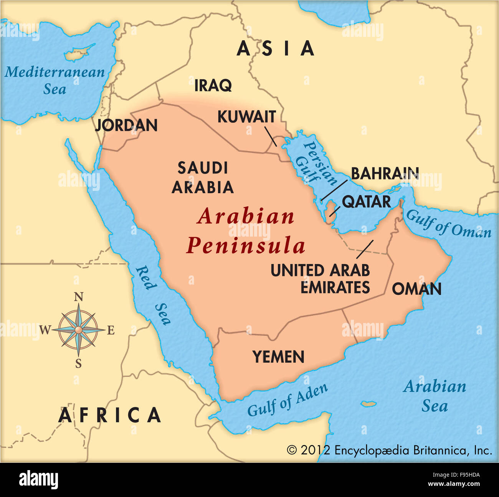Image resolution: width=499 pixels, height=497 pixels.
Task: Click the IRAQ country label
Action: (213, 85)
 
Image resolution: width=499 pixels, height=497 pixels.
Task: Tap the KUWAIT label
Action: (246, 117)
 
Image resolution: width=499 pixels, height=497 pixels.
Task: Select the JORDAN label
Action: (126, 125)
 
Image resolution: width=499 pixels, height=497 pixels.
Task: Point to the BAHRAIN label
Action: (385, 174)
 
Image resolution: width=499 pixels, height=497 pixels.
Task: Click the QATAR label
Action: (366, 202)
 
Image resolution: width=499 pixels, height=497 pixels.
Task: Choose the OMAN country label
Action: (416, 289)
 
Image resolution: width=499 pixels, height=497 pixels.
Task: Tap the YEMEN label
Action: (278, 357)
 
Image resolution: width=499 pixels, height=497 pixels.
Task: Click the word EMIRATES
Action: (335, 287)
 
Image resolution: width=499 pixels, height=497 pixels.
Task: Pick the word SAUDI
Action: (203, 168)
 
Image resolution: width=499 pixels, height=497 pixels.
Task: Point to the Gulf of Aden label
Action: (288, 400)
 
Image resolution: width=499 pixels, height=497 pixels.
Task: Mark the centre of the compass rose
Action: (78, 330)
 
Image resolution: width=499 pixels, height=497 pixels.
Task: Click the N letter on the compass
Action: (78, 297)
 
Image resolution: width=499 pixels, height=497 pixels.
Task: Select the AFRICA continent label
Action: (110, 416)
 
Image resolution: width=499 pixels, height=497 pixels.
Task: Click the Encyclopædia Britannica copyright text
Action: (389, 450)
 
